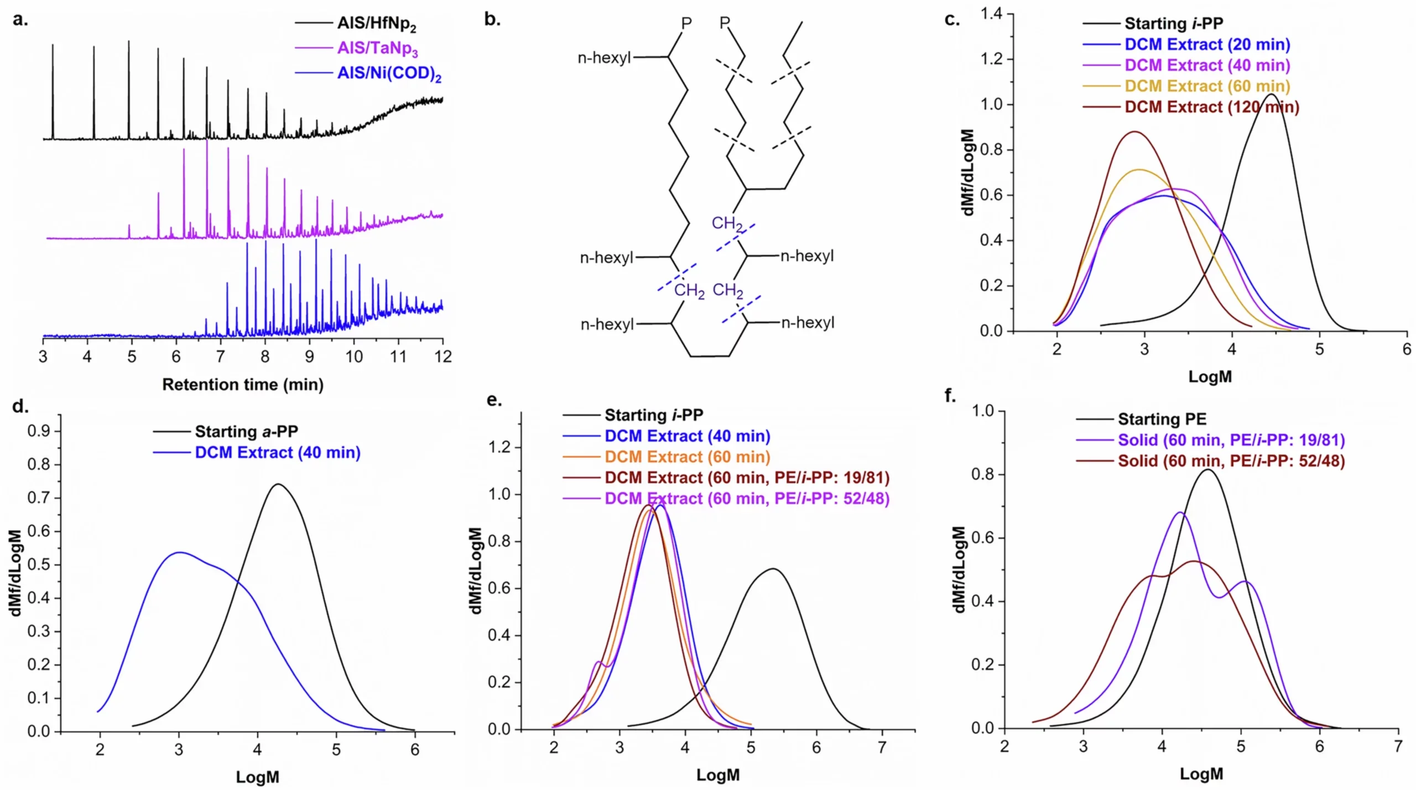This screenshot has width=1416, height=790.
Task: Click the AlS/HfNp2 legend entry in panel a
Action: pos(376,24)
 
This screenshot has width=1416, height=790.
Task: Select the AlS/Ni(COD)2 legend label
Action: pos(389,74)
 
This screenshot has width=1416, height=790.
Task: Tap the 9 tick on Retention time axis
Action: pos(309,357)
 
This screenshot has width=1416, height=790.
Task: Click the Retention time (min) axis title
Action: pos(242,384)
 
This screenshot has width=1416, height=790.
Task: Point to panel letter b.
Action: pos(492,20)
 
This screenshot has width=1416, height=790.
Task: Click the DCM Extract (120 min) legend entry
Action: pos(1211,107)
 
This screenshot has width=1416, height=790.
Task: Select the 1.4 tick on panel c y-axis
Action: pos(991,13)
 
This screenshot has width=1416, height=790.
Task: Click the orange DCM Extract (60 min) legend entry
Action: pos(687,457)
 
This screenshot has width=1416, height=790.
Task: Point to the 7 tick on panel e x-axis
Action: pos(882,747)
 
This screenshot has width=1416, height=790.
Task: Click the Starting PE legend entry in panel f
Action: pos(1162,419)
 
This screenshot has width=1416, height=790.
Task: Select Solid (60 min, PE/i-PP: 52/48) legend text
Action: pos(1231,461)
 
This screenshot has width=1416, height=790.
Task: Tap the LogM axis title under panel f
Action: pos(1201,773)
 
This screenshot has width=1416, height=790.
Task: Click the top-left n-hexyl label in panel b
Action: pos(604,58)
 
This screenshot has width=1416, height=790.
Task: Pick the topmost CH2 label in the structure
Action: pos(727,223)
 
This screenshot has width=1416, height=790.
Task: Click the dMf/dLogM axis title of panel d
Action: pos(15,572)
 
